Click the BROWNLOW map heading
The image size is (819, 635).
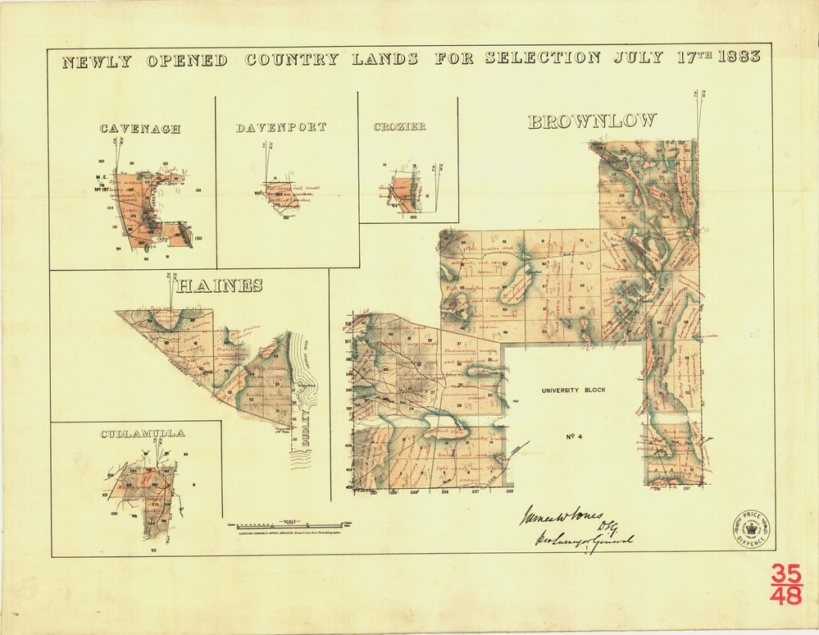pos(592,121)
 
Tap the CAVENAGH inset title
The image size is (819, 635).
pos(140,129)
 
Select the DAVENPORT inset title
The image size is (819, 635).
pos(281,128)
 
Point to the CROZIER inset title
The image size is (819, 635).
pos(399,127)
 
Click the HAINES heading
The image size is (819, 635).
pos(220,286)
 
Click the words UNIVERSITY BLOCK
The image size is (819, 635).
pos(573,391)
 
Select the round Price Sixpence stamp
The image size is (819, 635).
pos(751,529)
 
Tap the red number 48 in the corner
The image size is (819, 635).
pos(786,596)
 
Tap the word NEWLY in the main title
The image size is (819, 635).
pos(97,60)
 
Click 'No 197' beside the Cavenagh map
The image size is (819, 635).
pos(103,187)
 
